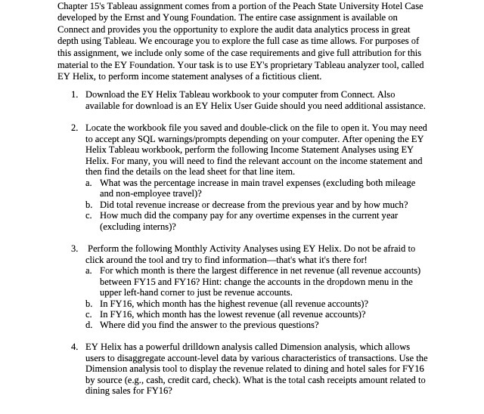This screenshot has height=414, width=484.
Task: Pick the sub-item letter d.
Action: point(88,326)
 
